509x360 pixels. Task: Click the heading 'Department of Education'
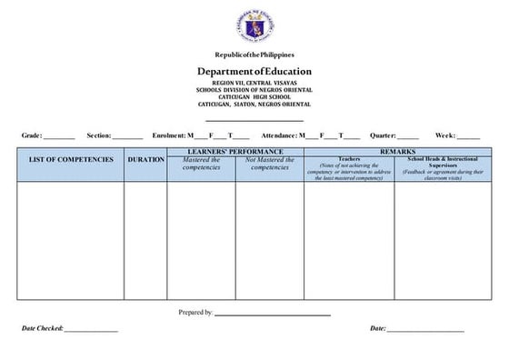pyautogui.click(x=254, y=71)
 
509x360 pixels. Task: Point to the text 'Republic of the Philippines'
pyautogui.click(x=254, y=55)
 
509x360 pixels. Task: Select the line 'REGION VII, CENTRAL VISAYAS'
pyautogui.click(x=254, y=83)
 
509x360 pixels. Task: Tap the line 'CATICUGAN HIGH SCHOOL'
pyautogui.click(x=254, y=97)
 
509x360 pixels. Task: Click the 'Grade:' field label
pyautogui.click(x=32, y=135)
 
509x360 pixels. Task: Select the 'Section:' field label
pyautogui.click(x=98, y=135)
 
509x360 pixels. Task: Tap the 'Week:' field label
pyautogui.click(x=445, y=135)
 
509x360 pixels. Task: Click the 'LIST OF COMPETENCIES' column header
pyautogui.click(x=71, y=160)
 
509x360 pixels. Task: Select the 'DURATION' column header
pyautogui.click(x=145, y=160)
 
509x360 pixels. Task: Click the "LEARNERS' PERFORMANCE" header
pyautogui.click(x=235, y=151)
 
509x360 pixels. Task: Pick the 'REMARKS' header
pyautogui.click(x=397, y=151)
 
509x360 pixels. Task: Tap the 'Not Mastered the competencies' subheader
pyautogui.click(x=270, y=164)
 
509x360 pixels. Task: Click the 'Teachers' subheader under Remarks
pyautogui.click(x=349, y=158)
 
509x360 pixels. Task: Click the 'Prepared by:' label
pyautogui.click(x=195, y=312)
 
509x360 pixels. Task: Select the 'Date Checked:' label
pyautogui.click(x=42, y=328)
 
